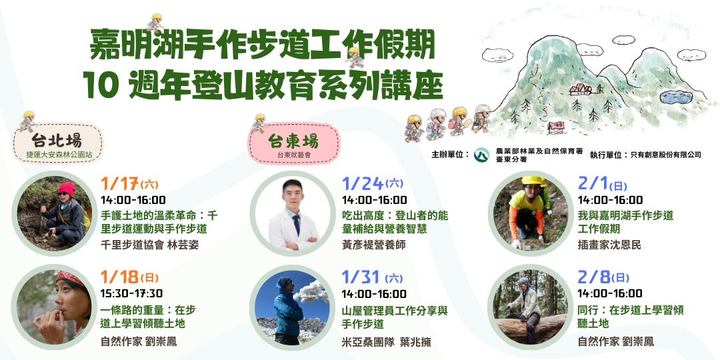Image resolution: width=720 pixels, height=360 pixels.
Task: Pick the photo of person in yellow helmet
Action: pyautogui.click(x=531, y=213)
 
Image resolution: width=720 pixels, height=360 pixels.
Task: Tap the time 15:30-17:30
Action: pyautogui.click(x=133, y=293)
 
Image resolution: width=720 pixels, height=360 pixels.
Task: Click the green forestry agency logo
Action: pyautogui.click(x=481, y=156)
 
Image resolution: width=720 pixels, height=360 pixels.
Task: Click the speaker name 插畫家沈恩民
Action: pyautogui.click(x=609, y=245)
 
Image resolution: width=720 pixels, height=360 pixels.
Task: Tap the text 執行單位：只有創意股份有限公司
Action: pyautogui.click(x=645, y=155)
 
